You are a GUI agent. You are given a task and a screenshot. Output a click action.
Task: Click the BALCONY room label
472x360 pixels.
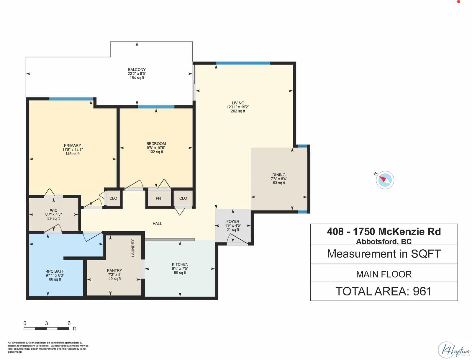[x=137, y=70]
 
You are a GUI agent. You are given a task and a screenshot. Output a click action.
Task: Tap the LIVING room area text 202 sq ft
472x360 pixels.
[x=238, y=111]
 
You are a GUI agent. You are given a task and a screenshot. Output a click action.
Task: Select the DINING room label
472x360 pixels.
[x=279, y=175]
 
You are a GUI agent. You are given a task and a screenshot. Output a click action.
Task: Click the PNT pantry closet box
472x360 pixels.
[x=159, y=198]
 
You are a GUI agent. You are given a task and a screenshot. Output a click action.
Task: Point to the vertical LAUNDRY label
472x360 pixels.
[x=133, y=248]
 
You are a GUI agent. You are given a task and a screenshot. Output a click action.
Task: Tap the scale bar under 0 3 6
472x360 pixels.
[x=46, y=329]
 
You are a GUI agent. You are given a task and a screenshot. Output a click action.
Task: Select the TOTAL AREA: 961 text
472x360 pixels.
[x=383, y=292]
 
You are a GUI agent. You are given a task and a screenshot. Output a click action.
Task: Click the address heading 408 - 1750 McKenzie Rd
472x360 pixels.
[x=384, y=232]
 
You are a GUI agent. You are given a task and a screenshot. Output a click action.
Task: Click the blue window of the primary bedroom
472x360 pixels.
[x=71, y=99]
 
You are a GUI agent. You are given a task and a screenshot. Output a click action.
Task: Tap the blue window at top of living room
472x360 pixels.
[x=243, y=63]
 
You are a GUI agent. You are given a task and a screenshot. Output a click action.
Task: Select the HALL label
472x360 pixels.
[x=157, y=224]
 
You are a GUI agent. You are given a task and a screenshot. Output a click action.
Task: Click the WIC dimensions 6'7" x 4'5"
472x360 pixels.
[x=54, y=215]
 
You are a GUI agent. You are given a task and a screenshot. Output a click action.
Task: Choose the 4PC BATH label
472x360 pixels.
[x=55, y=271]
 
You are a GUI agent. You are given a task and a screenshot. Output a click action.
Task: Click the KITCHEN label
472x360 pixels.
[x=180, y=264]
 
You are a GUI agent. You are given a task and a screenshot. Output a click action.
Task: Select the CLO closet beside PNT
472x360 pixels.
[x=183, y=198]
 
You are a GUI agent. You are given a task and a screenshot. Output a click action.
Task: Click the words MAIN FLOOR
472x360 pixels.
[x=384, y=274]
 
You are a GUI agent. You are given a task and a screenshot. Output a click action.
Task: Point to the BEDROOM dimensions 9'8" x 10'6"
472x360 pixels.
[x=156, y=148]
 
